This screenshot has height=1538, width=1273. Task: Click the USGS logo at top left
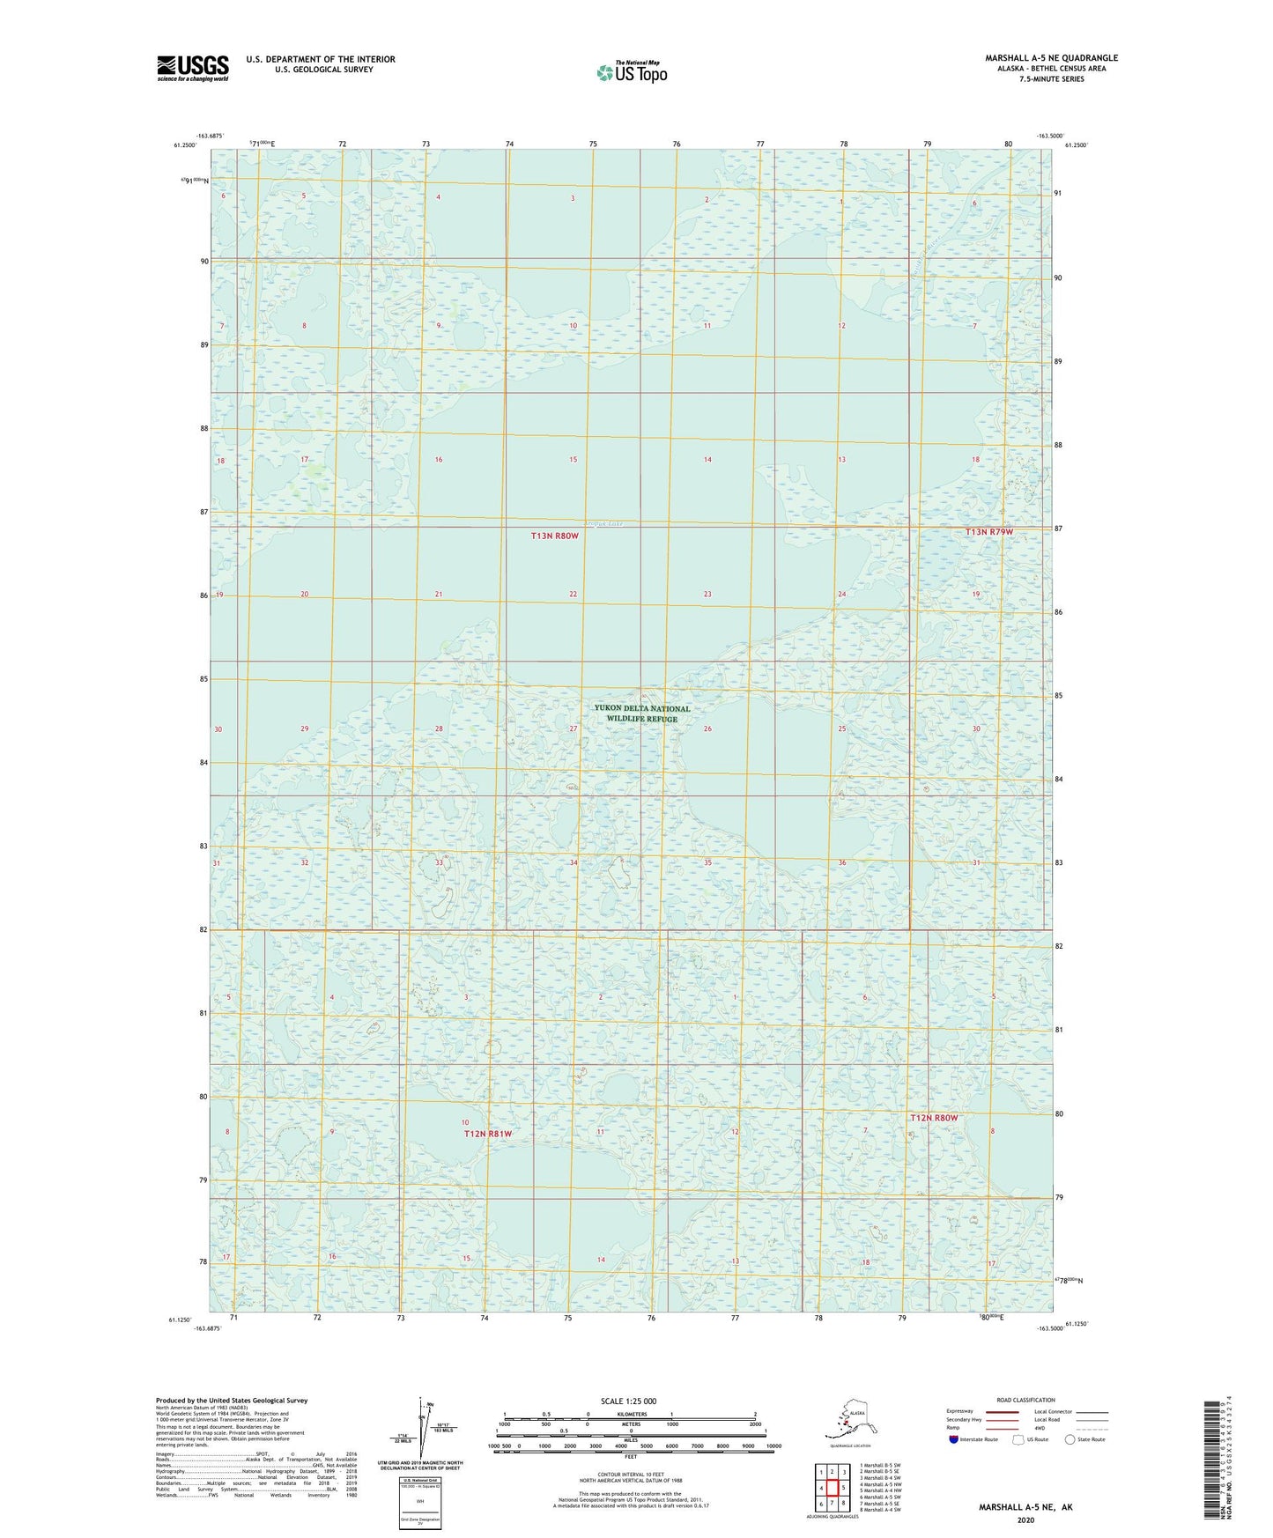coord(192,68)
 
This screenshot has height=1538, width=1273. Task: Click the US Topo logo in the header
coord(631,72)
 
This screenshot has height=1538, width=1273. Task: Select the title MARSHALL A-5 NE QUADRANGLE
coord(1051,58)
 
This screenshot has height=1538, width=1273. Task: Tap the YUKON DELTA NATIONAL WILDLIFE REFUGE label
coord(641,714)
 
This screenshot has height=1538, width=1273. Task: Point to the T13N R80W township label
coord(555,536)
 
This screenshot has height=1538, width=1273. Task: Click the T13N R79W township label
coord(989,532)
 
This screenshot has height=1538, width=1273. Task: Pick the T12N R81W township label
coord(488,1134)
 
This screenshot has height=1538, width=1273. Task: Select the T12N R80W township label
coord(934,1118)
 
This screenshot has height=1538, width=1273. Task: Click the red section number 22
coord(573,595)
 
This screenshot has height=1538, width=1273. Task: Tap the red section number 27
coord(573,728)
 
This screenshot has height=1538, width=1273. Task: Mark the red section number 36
coord(842,862)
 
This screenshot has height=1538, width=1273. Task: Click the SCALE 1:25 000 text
coord(628,1401)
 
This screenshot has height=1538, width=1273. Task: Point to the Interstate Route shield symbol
coord(955,1439)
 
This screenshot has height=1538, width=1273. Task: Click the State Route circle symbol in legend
coord(1070,1439)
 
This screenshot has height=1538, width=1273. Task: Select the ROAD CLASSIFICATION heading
coord(1025,1400)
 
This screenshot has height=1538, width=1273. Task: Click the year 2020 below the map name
coord(1025,1520)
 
